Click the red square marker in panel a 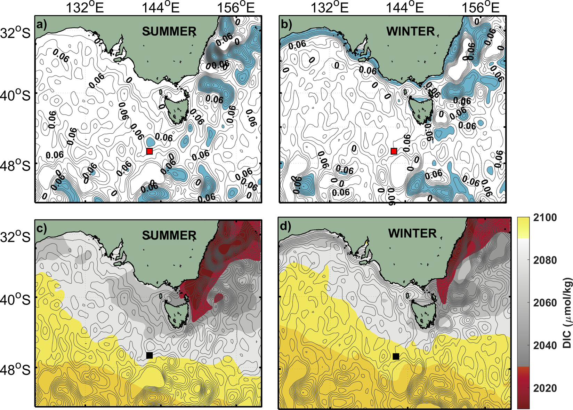click(x=150, y=151)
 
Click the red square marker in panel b click(x=394, y=151)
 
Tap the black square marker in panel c click(x=150, y=355)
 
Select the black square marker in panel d click(x=396, y=356)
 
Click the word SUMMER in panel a click(x=169, y=32)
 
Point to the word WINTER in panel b click(x=411, y=32)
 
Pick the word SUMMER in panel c click(x=169, y=236)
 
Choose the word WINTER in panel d click(x=412, y=233)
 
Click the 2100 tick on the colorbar click(x=544, y=218)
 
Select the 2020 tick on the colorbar click(x=544, y=388)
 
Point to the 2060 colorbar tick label click(x=544, y=303)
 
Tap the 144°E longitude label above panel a click(x=160, y=7)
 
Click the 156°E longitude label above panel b click(x=480, y=7)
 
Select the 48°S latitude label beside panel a click(x=16, y=166)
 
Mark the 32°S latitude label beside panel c click(x=16, y=237)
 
